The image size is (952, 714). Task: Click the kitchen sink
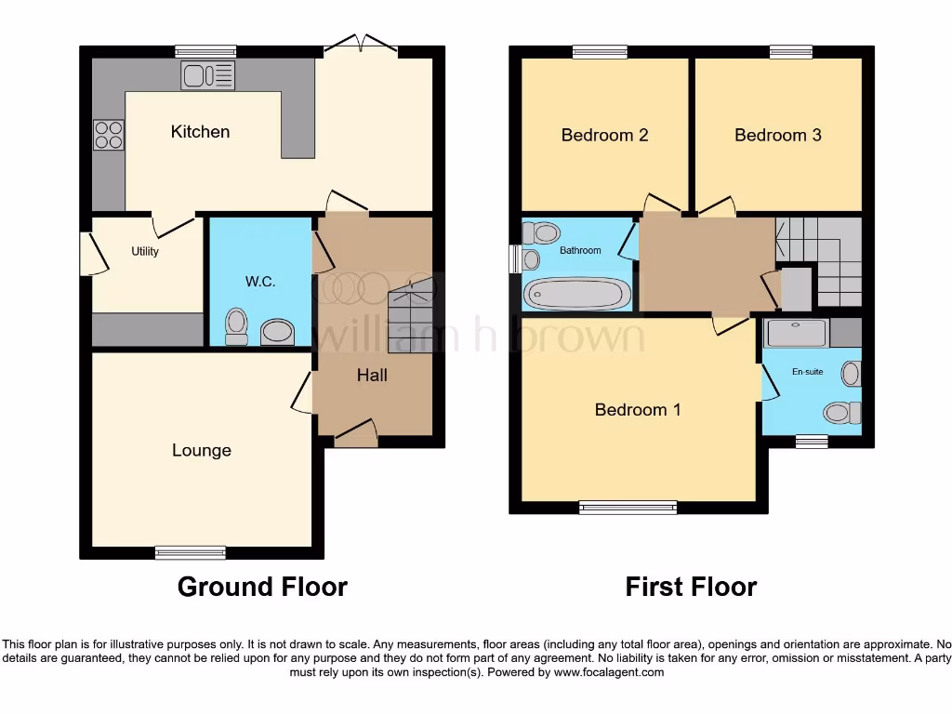(x=209, y=75)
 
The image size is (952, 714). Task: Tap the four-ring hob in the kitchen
(x=109, y=135)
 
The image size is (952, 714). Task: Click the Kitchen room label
(x=200, y=132)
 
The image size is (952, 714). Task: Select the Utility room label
(x=145, y=251)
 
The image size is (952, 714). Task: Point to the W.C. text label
(x=260, y=282)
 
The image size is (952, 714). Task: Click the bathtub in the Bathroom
(x=577, y=294)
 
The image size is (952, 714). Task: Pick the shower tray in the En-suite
(x=796, y=333)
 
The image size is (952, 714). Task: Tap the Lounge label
(x=201, y=451)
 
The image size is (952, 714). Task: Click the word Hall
(x=372, y=376)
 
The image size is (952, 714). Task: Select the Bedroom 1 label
(x=638, y=410)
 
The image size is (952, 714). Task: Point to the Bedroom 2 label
(x=604, y=136)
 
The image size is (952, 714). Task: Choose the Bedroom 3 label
(x=777, y=136)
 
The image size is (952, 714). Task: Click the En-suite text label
(x=808, y=372)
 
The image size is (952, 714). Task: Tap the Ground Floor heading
(x=262, y=588)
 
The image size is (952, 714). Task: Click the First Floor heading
(x=691, y=588)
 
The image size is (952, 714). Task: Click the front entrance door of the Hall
(x=355, y=433)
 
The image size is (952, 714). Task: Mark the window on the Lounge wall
(x=191, y=552)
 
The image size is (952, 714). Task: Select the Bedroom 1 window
(x=628, y=508)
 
